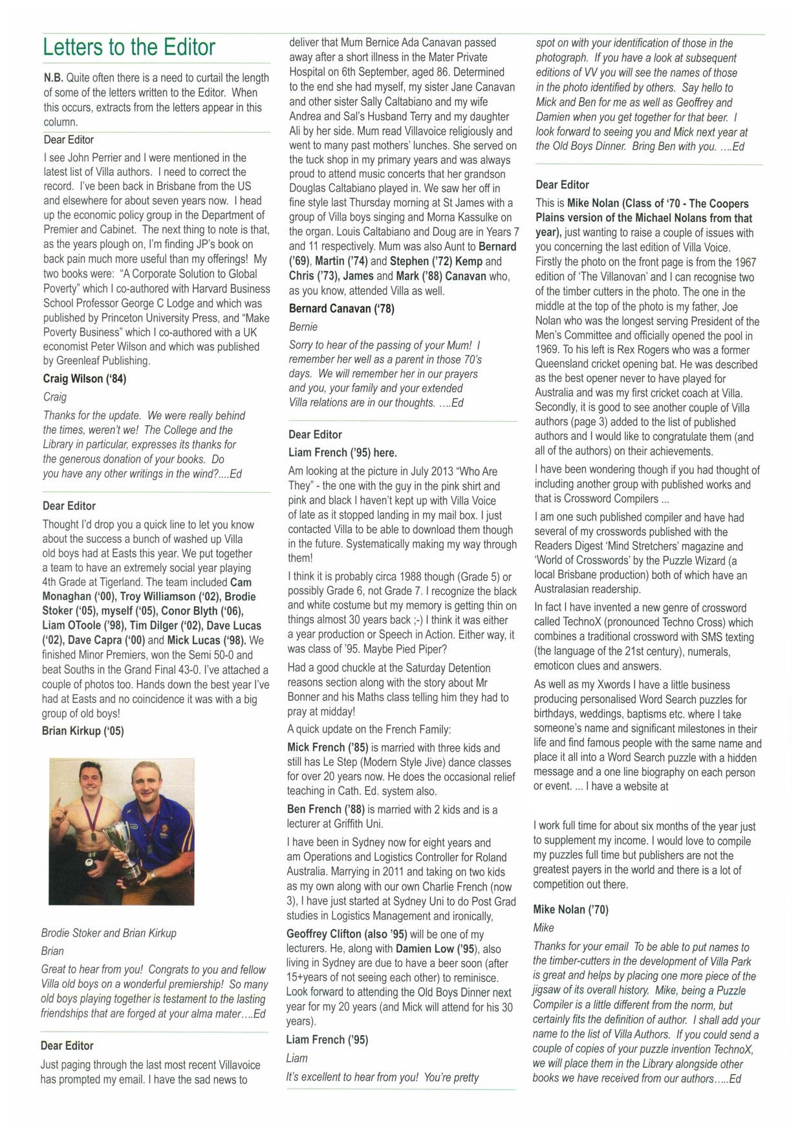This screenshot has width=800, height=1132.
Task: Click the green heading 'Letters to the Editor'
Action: tap(129, 47)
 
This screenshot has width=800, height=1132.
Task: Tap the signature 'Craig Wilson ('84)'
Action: tap(85, 378)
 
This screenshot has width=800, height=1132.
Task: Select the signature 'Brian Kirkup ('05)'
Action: tap(83, 731)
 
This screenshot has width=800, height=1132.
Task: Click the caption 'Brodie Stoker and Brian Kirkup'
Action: tap(109, 933)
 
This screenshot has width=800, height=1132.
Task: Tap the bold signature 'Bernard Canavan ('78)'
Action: tap(341, 309)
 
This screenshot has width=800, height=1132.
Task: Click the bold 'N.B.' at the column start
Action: tap(54, 78)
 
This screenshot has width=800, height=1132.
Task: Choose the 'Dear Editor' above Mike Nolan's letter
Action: tap(562, 185)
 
